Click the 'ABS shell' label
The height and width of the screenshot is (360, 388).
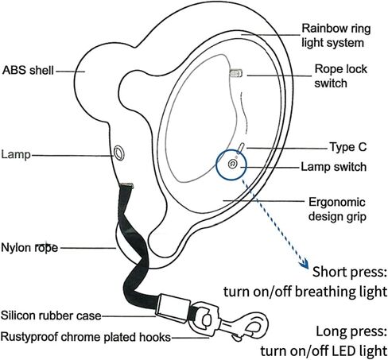[x=28, y=71]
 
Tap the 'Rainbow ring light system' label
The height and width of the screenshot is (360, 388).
[x=336, y=36]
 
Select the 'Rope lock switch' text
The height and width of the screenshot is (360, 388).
[x=341, y=76]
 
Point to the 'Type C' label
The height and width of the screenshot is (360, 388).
[x=348, y=147]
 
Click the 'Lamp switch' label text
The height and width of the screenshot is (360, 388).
[x=334, y=167]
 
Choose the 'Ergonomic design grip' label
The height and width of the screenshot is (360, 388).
[x=337, y=209]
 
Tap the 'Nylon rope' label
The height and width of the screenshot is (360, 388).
[x=29, y=248]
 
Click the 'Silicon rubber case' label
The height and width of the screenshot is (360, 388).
[x=51, y=315]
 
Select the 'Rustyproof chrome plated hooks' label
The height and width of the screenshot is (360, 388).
[x=85, y=337]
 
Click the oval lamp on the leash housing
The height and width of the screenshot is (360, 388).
[x=119, y=153]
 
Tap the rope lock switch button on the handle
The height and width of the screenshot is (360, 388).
[x=235, y=73]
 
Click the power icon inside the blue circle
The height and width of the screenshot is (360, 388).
[x=232, y=164]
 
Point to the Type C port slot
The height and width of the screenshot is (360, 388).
[x=241, y=149]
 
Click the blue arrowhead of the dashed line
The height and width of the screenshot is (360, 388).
[x=304, y=263]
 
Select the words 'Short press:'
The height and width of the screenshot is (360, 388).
[x=349, y=272]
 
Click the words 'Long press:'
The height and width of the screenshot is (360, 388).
[x=351, y=332]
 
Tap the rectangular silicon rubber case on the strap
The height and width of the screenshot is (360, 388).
[x=173, y=308]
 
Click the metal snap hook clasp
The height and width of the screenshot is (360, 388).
[x=229, y=322]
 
